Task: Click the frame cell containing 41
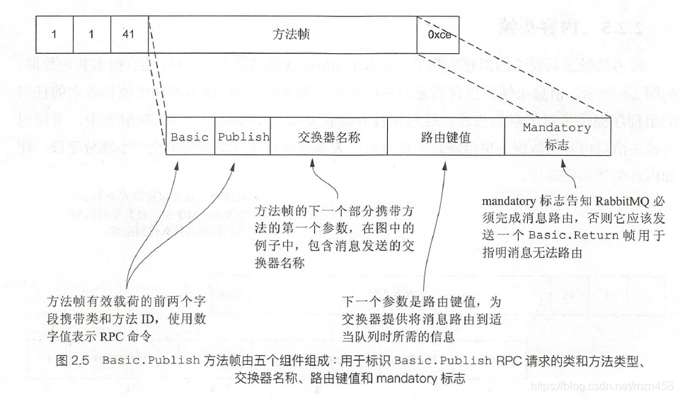(x=129, y=34)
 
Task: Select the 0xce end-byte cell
(x=439, y=34)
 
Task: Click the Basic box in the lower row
(x=190, y=137)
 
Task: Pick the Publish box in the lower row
(x=243, y=137)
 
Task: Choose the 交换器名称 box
(x=329, y=137)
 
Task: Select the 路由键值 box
(x=446, y=137)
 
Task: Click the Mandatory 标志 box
(x=556, y=137)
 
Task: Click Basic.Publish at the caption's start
(x=151, y=360)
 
